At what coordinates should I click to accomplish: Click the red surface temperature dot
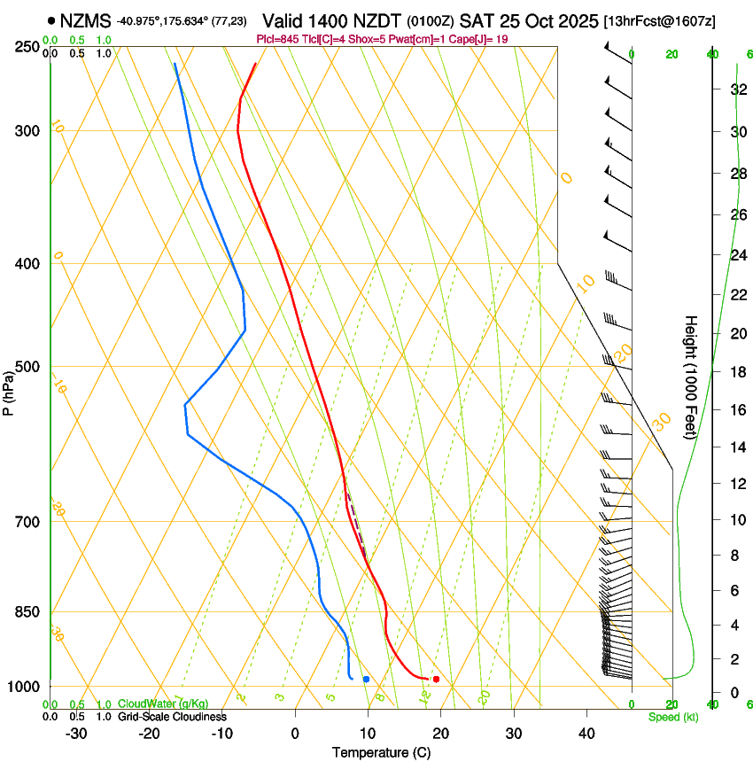tap(436, 680)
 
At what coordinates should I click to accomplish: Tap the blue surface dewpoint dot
tap(366, 679)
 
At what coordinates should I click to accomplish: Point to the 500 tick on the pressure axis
tap(27, 367)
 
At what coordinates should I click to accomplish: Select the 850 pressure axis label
tap(27, 612)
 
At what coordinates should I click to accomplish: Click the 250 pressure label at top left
tap(27, 47)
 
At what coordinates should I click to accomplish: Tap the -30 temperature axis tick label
tap(76, 733)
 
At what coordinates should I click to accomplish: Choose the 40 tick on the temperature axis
tap(586, 733)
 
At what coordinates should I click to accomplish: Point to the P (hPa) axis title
tap(9, 391)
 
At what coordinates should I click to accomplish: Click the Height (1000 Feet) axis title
tap(691, 377)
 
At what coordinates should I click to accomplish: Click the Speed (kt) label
tap(672, 717)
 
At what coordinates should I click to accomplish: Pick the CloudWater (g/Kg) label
tap(163, 704)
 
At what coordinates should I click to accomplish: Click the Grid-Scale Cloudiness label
tap(172, 717)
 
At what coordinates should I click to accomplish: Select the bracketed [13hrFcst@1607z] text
tap(660, 20)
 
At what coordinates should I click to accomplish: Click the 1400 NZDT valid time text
tap(359, 19)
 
